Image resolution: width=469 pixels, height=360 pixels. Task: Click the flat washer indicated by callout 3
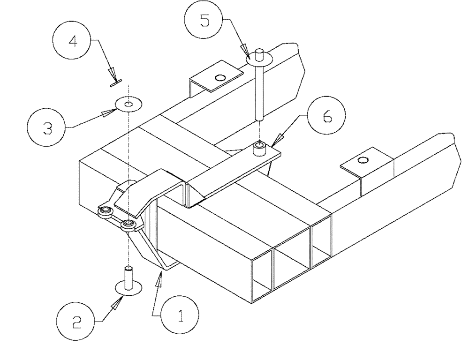tap(128, 104)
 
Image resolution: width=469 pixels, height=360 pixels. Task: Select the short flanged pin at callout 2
tap(128, 281)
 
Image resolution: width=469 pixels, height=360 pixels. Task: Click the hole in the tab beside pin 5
tap(219, 77)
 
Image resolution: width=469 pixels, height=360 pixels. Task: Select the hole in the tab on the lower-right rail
tap(362, 161)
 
